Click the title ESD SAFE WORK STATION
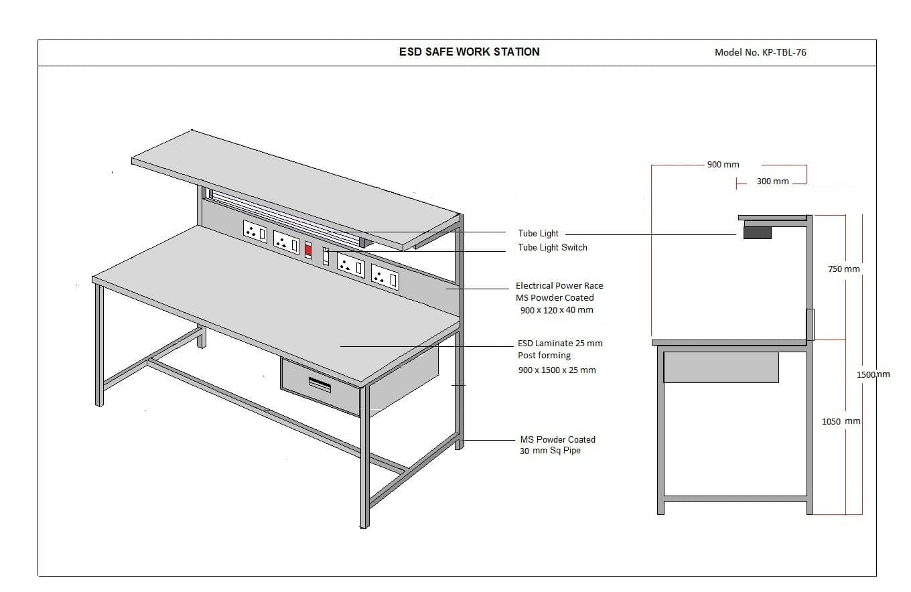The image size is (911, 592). (470, 52)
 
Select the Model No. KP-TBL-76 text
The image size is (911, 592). (760, 52)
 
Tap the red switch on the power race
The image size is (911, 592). (308, 250)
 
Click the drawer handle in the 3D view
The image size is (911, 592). (320, 384)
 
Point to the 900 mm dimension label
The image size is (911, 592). (723, 165)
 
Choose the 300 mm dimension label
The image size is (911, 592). (773, 181)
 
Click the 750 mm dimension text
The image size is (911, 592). (844, 269)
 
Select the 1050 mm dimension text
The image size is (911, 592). (841, 422)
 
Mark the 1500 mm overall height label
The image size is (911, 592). (873, 374)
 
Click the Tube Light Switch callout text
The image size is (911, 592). (553, 248)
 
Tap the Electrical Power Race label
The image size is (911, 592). (559, 286)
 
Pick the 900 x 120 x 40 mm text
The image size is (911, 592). (557, 310)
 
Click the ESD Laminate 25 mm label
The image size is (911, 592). (561, 344)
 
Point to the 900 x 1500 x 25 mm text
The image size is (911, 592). (557, 370)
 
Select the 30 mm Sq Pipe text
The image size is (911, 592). (550, 451)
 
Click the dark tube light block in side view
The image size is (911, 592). (757, 232)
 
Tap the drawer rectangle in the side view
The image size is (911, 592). (721, 367)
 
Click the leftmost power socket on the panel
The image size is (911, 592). (255, 231)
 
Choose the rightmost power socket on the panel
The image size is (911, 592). (384, 277)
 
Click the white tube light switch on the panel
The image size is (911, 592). (326, 256)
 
